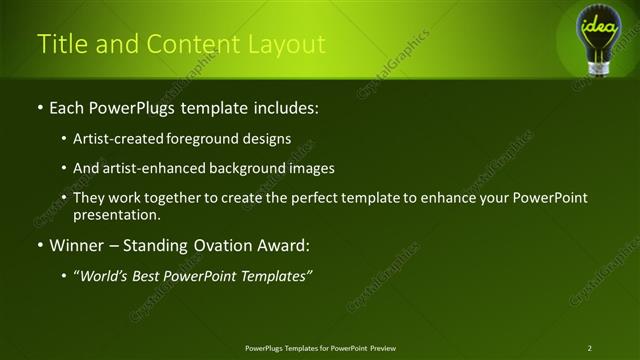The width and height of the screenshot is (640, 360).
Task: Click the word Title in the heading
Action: (60, 45)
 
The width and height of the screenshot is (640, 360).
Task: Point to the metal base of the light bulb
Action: (599, 67)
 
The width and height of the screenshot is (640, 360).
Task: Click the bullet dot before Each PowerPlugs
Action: (39, 106)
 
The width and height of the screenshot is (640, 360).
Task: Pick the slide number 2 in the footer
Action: (589, 348)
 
